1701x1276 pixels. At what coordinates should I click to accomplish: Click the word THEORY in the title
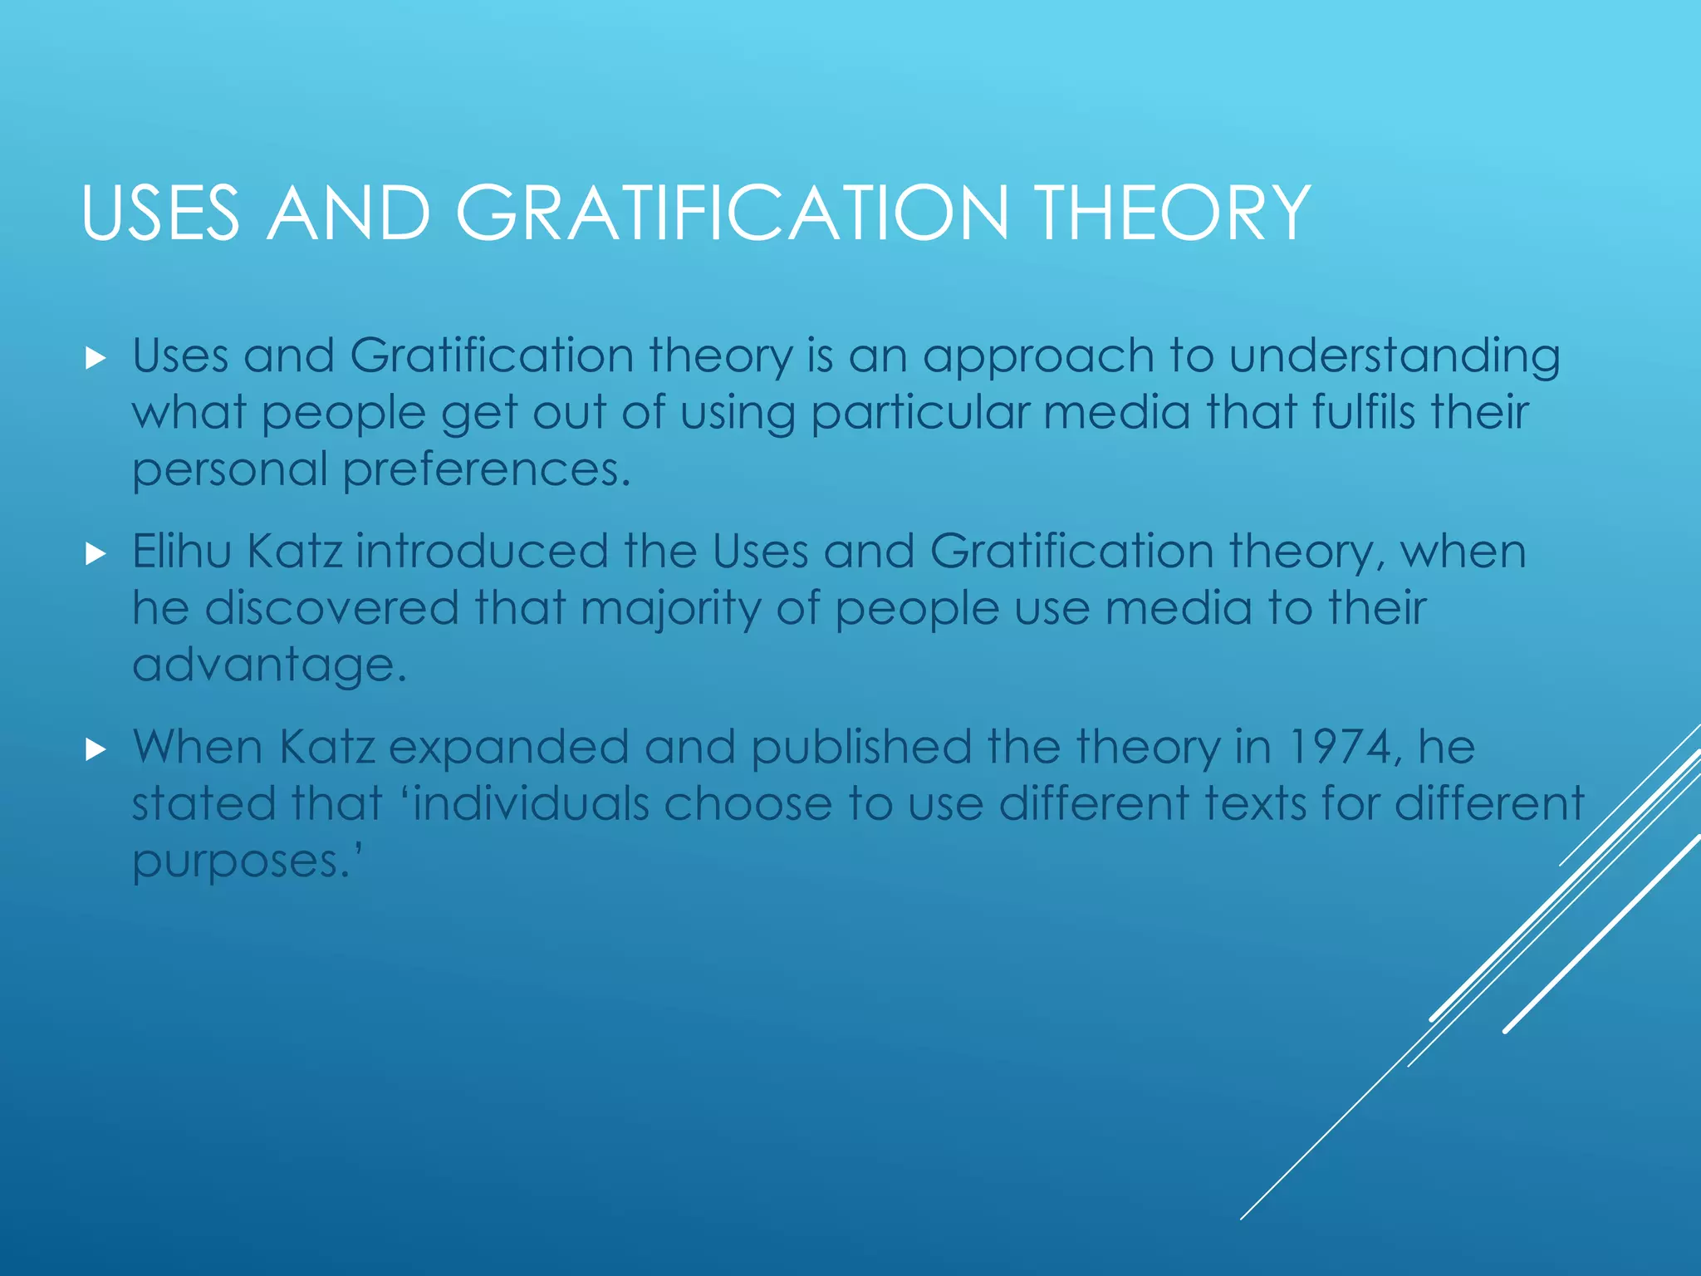pos(1172,213)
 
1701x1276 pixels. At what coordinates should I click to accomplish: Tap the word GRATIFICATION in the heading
pos(731,213)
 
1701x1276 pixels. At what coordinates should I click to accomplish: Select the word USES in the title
pos(160,213)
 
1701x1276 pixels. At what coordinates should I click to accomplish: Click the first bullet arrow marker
pos(96,359)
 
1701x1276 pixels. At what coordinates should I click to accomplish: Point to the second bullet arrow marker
pos(96,554)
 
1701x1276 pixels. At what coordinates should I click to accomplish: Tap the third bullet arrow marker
pos(96,750)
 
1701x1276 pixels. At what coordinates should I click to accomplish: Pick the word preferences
pos(487,471)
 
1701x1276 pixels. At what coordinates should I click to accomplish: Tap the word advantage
pos(269,666)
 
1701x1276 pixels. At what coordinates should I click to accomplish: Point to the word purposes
pos(242,862)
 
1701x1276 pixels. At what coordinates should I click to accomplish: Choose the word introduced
pos(483,551)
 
